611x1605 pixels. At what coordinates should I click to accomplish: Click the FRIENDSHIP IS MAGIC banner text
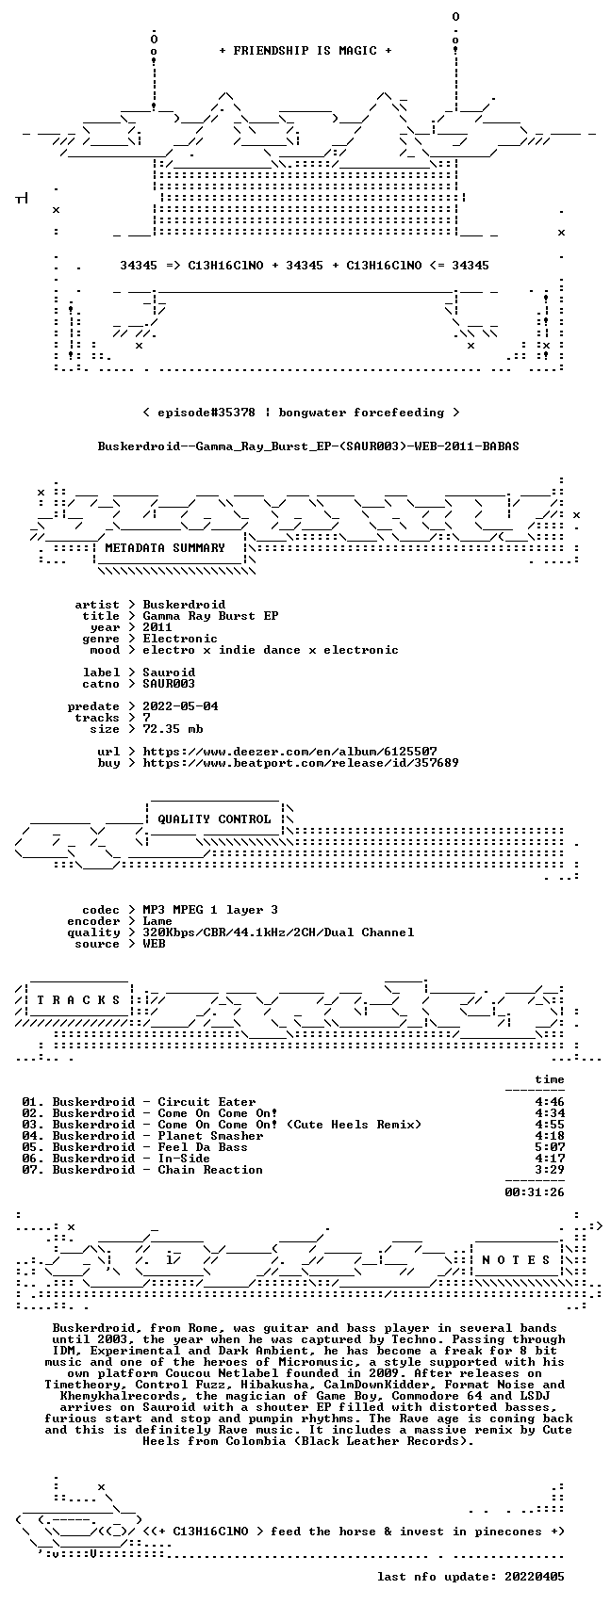click(305, 51)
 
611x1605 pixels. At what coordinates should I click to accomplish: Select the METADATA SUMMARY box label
click(165, 548)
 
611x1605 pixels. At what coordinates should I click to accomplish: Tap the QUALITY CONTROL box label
click(214, 819)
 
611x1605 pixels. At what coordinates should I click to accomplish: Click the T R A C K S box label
click(79, 1000)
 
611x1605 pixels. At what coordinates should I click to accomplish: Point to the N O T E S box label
click(517, 1260)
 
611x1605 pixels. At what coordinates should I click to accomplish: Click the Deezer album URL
click(289, 752)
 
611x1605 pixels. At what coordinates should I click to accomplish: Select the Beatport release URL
click(301, 763)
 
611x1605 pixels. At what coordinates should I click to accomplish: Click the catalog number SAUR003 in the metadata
click(169, 684)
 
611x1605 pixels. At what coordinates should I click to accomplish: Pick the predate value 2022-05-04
click(180, 706)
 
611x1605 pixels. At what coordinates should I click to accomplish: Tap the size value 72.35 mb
click(173, 729)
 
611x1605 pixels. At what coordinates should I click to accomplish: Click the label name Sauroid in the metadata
click(169, 673)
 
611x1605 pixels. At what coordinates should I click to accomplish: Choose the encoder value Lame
click(157, 921)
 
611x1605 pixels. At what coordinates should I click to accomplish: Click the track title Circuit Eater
click(206, 1102)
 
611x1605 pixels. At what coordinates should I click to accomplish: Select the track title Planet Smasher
click(210, 1136)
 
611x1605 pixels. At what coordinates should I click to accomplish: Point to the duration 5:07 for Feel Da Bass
click(550, 1147)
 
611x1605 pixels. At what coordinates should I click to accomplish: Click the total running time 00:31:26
click(535, 1192)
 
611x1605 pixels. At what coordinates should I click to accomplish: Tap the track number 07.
click(31, 1170)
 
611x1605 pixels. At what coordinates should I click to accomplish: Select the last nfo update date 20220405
click(535, 1577)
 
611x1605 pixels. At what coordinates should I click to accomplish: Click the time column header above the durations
click(550, 1079)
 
